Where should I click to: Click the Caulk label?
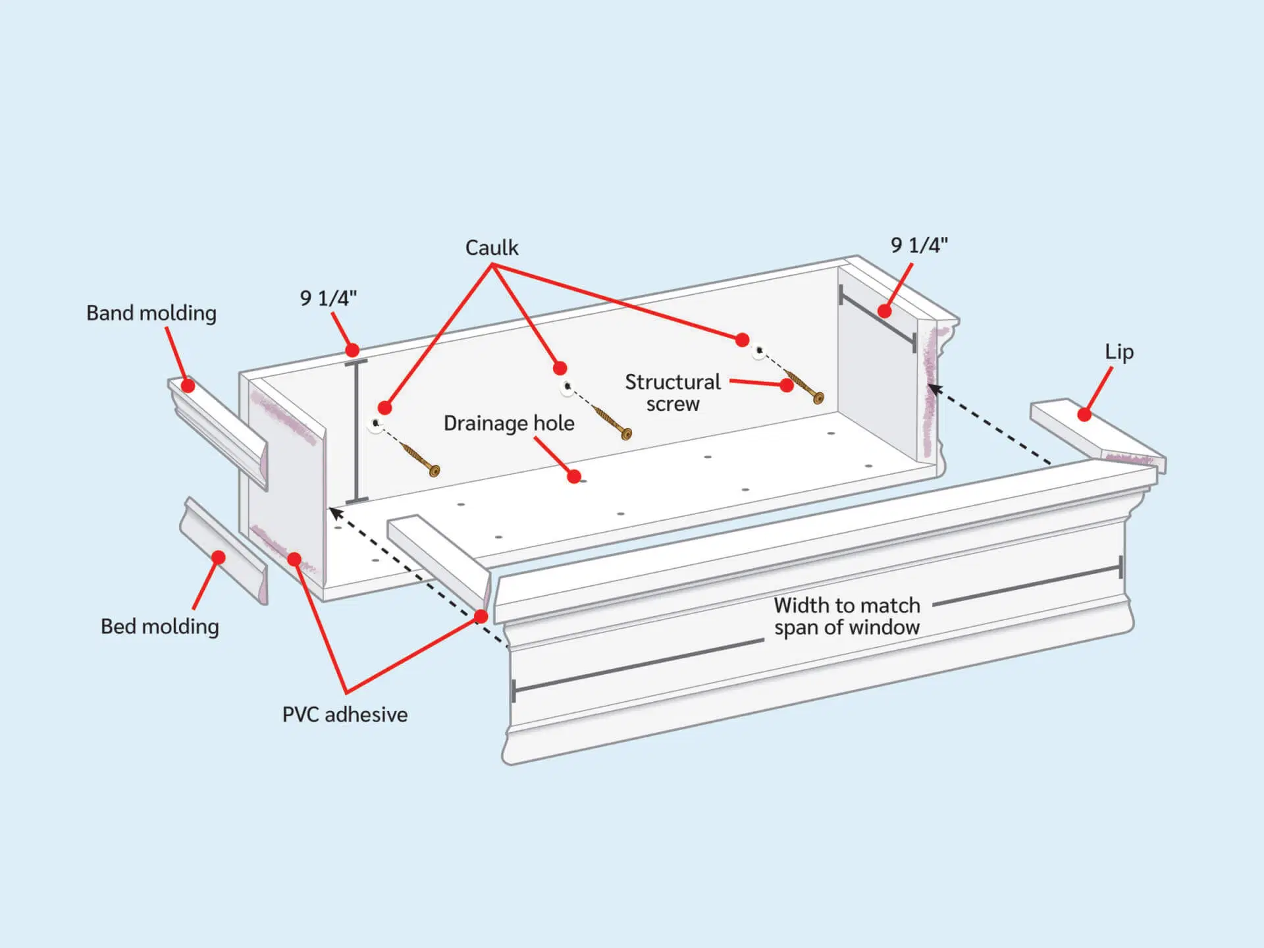(x=492, y=248)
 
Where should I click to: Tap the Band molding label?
(x=151, y=313)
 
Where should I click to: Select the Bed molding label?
(x=159, y=627)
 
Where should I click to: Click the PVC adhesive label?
(x=345, y=715)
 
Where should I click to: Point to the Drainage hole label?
(x=509, y=423)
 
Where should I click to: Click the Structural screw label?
(x=672, y=393)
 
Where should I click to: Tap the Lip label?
(x=1119, y=352)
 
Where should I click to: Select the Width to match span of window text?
(x=847, y=617)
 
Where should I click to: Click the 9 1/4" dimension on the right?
(x=919, y=246)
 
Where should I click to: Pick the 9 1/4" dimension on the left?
(x=329, y=299)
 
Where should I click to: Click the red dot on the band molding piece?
(x=188, y=386)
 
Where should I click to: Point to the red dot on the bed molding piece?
(x=219, y=558)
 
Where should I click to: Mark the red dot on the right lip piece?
(x=1084, y=415)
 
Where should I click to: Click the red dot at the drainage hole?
(x=574, y=477)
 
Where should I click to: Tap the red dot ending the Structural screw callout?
(x=787, y=385)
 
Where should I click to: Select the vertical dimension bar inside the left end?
(x=356, y=431)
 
